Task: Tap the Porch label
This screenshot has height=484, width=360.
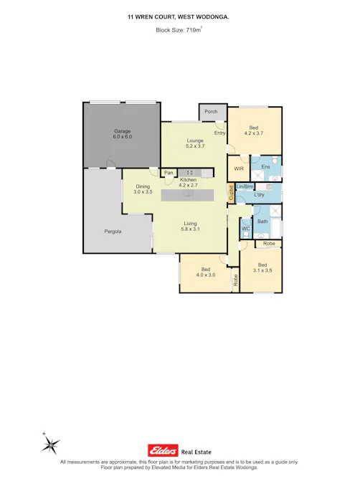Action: pyautogui.click(x=211, y=112)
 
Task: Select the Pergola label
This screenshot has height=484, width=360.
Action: pyautogui.click(x=113, y=232)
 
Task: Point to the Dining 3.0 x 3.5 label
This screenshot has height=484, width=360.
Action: pyautogui.click(x=143, y=189)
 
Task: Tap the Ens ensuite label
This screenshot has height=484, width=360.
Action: pyautogui.click(x=265, y=166)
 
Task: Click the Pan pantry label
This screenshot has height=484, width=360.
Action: pyautogui.click(x=169, y=173)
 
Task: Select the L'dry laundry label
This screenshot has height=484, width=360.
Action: pyautogui.click(x=259, y=195)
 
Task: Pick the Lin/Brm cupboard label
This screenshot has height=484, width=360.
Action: pyautogui.click(x=245, y=186)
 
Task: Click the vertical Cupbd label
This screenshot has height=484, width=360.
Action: pyautogui.click(x=231, y=193)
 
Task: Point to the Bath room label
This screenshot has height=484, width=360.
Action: pyautogui.click(x=262, y=222)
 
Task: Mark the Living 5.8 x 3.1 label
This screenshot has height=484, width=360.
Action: pyautogui.click(x=190, y=227)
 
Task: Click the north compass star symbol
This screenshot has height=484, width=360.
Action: pyautogui.click(x=49, y=446)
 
